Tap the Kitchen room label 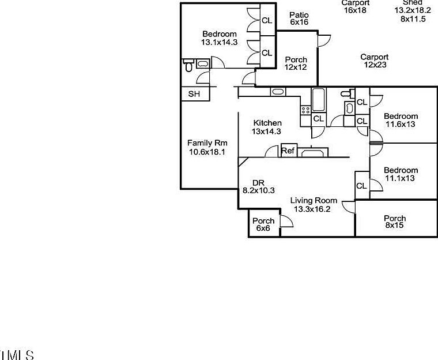267,127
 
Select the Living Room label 313,205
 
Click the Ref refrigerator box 288,151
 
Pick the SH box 194,94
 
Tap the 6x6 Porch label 263,224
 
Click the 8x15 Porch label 395,222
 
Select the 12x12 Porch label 296,63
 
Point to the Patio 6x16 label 299,18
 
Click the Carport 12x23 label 375,61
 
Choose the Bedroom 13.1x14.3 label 219,38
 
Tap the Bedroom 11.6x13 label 401,120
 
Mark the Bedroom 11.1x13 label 401,174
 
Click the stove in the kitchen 305,108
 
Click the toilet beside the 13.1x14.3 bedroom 188,65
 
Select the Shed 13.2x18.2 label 413,10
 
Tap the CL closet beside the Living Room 361,186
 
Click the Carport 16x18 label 355,6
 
